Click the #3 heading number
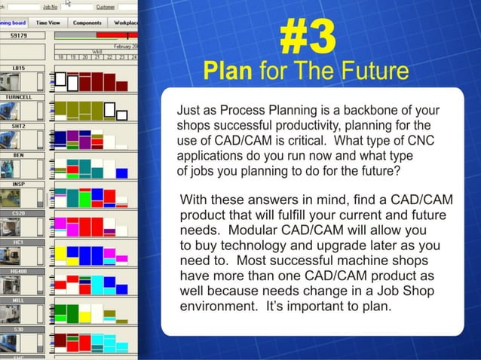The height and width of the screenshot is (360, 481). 307,38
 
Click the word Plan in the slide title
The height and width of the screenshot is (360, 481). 229,72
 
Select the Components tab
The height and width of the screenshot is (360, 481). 87,23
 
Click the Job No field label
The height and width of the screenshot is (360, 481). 49,7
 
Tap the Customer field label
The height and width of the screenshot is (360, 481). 106,7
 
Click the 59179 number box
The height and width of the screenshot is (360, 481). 19,35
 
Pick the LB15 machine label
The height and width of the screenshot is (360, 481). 19,68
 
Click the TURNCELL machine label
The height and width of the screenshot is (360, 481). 19,97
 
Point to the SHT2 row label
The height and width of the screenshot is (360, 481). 19,126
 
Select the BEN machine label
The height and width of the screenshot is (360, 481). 19,154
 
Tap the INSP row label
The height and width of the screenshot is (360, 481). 19,184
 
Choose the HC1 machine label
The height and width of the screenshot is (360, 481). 19,241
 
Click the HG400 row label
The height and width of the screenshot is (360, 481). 19,270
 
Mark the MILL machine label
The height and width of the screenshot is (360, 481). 19,299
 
